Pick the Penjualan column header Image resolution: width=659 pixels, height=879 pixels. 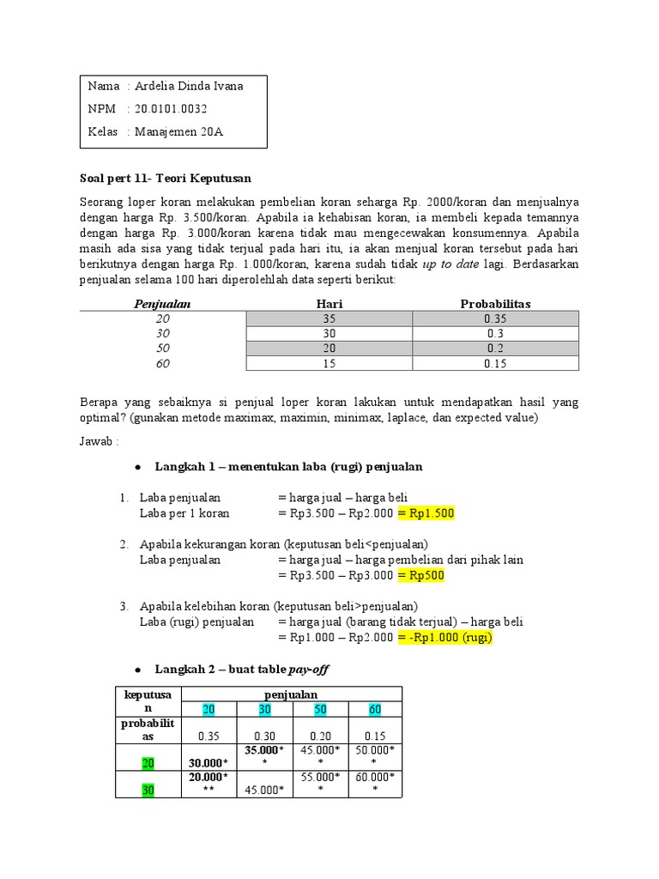pos(162,304)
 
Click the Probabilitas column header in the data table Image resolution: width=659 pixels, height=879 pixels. pos(495,304)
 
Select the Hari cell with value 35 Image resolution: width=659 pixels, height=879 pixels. pos(329,318)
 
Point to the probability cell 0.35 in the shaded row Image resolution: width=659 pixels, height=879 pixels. pos(495,318)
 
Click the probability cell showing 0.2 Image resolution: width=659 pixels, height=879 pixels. pos(495,349)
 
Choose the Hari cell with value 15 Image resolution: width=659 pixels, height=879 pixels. pos(329,364)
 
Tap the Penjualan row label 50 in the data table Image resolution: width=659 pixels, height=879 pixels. pos(162,349)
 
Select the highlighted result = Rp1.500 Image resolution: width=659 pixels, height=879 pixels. pos(426,513)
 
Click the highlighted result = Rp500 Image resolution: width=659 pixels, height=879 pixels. pos(420,575)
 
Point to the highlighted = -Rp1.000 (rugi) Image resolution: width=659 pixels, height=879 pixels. pos(445,638)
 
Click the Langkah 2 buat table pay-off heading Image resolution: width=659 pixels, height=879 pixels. pos(242,669)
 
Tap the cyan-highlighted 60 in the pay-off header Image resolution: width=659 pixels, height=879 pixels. pos(374,708)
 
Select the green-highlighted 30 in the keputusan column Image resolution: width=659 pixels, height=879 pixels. pos(148,791)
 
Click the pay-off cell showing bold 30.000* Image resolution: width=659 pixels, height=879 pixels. pos(209,763)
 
